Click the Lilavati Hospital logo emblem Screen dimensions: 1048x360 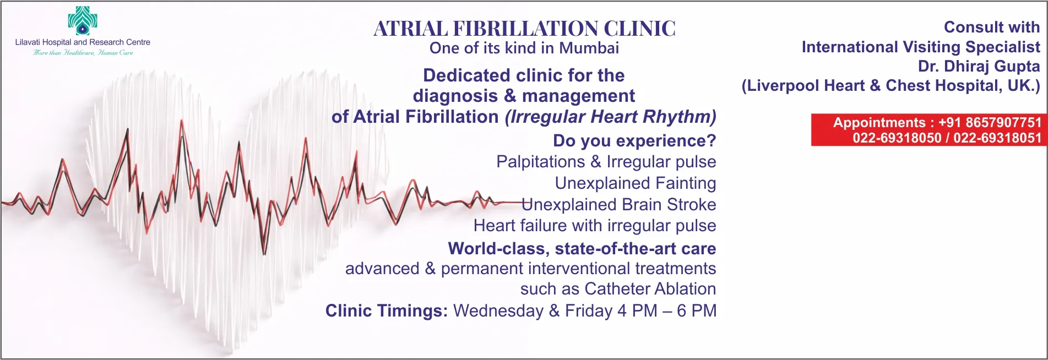tap(83, 20)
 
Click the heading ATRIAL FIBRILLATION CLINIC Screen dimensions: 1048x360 tap(524, 29)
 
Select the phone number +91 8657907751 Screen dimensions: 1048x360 tap(990, 122)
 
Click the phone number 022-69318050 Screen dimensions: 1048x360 tap(897, 138)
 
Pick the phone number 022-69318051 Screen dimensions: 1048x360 tap(997, 138)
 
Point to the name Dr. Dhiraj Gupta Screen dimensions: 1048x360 tap(979, 67)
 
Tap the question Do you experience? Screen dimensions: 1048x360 tap(634, 141)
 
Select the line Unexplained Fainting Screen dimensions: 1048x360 tap(636, 183)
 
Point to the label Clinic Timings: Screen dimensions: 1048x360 tap(387, 310)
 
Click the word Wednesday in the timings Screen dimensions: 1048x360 tap(498, 310)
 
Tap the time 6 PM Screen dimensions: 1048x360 tap(697, 310)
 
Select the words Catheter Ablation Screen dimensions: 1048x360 tap(650, 289)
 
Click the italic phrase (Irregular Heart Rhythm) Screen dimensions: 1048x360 tap(611, 117)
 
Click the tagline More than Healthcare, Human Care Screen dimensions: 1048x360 tap(83, 53)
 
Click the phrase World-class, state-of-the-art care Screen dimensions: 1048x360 tap(582, 249)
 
